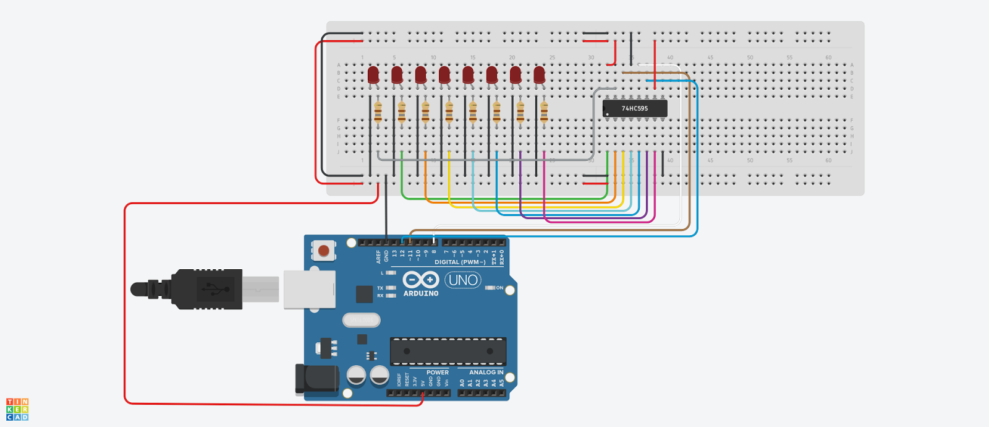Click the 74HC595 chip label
click(x=635, y=108)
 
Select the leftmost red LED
click(x=373, y=75)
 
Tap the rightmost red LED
click(x=539, y=75)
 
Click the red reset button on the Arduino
click(x=323, y=251)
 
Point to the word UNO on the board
click(x=463, y=280)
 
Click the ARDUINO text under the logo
click(x=421, y=293)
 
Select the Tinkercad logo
click(x=17, y=410)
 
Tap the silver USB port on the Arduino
click(x=309, y=289)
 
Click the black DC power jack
click(x=317, y=379)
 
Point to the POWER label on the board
click(x=437, y=373)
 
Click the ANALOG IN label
click(x=486, y=373)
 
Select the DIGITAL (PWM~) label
click(x=460, y=262)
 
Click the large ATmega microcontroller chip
click(x=448, y=352)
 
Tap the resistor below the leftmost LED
click(x=378, y=112)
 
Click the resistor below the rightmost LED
click(x=544, y=112)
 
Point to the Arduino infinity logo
click(x=421, y=280)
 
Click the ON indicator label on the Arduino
click(x=499, y=288)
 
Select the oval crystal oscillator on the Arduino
click(x=361, y=320)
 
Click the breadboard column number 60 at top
click(x=828, y=58)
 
